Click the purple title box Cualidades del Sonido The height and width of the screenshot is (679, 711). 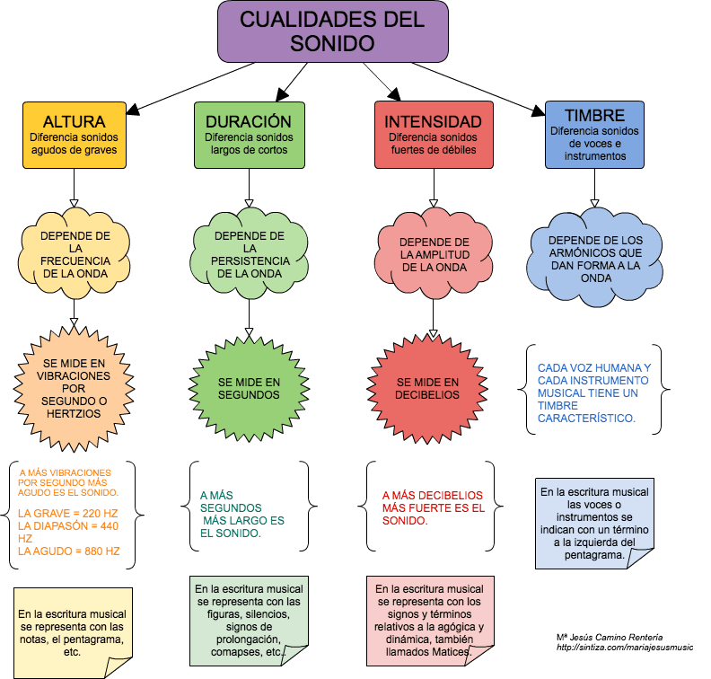(x=333, y=31)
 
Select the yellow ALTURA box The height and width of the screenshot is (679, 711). (x=75, y=135)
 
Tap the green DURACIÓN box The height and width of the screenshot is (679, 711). (x=250, y=135)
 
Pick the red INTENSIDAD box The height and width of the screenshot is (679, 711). (x=434, y=135)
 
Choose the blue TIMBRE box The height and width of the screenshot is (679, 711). (x=594, y=135)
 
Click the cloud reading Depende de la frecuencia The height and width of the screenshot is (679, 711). (x=75, y=253)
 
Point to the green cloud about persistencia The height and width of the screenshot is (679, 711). (x=250, y=253)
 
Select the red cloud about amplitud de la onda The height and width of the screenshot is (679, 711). (x=434, y=254)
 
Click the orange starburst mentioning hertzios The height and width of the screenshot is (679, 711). (x=74, y=389)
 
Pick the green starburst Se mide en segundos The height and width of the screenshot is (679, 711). (x=249, y=389)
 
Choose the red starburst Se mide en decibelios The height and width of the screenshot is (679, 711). (x=427, y=389)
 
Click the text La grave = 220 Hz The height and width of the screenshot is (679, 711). (x=68, y=514)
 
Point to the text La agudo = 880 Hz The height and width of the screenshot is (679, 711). (x=69, y=551)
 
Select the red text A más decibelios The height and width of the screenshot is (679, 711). (x=433, y=495)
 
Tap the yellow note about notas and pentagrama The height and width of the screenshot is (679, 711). (x=73, y=632)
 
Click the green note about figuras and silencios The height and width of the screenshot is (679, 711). (x=249, y=621)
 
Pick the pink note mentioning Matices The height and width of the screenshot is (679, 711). (x=430, y=621)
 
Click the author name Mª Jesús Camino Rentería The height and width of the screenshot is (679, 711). (x=610, y=638)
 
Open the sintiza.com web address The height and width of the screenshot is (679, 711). (x=625, y=648)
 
